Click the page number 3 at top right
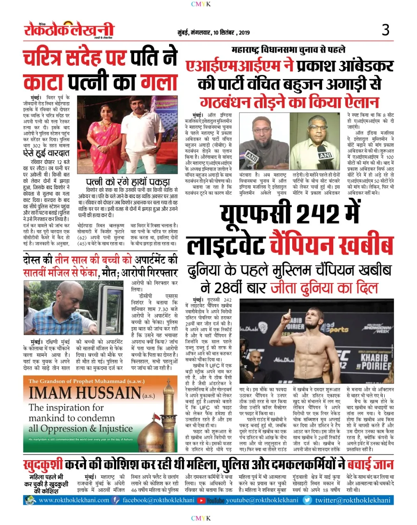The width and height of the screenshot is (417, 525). [385, 30]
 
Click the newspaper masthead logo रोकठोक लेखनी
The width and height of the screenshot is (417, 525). [69, 30]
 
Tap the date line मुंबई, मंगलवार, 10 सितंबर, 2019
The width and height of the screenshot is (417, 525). [213, 32]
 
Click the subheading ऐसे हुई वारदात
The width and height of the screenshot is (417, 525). [46, 153]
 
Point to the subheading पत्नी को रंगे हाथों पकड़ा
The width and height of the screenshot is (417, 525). [128, 182]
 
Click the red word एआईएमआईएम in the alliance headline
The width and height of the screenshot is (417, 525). [239, 66]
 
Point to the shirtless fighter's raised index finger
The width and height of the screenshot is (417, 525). [287, 312]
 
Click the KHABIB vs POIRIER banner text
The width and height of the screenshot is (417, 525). [374, 361]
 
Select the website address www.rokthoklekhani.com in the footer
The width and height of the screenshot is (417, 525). [73, 500]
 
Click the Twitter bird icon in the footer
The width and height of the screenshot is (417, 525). [307, 500]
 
